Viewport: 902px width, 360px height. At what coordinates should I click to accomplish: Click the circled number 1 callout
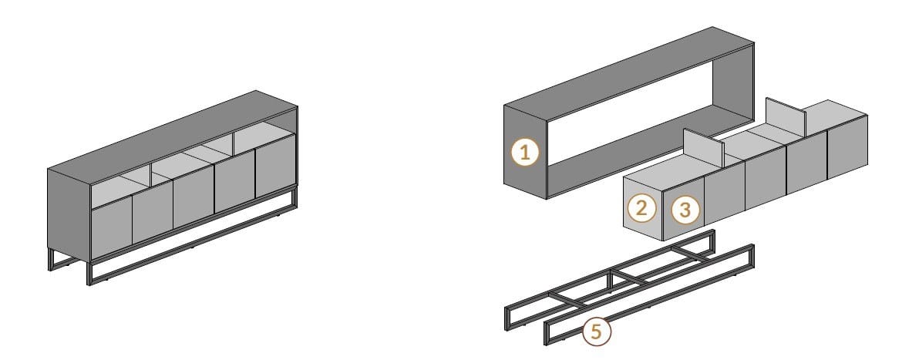coord(525,153)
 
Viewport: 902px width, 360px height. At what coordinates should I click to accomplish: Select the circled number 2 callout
coord(641,208)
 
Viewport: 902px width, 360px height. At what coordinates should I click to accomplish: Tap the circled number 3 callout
coord(685,210)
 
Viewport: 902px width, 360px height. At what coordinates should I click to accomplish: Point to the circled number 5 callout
coord(597,331)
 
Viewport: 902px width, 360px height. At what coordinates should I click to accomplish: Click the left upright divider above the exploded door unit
coord(703,147)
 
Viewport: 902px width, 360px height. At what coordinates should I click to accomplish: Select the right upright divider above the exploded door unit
coord(786,116)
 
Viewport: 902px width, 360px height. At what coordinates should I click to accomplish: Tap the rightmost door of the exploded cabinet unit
coord(847,146)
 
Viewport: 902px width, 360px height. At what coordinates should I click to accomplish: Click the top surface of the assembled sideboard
coord(173,137)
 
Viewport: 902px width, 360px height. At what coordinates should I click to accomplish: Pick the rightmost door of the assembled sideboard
coord(275,167)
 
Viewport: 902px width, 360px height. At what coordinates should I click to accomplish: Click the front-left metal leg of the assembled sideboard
coord(89,273)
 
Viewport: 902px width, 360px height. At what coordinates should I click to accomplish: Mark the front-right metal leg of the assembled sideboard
coord(294,197)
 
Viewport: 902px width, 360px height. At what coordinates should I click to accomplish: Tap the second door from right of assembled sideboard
coord(234,181)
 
